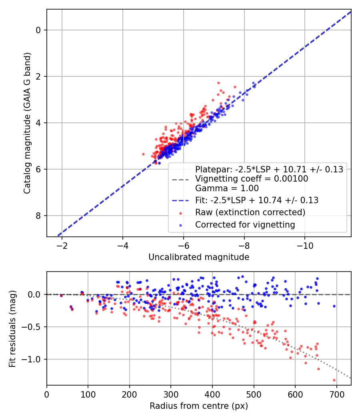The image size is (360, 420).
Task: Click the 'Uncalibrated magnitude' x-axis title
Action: pyautogui.click(x=199, y=257)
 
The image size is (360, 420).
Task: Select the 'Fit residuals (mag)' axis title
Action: pyautogui.click(x=12, y=328)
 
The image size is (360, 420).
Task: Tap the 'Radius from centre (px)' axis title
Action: pyautogui.click(x=199, y=406)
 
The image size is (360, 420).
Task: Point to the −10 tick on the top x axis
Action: pyautogui.click(x=305, y=245)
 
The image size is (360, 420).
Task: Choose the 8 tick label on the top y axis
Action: pyautogui.click(x=39, y=216)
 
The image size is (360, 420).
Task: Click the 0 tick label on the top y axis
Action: pyautogui.click(x=39, y=30)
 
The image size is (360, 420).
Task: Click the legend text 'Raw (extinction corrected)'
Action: pyautogui.click(x=250, y=212)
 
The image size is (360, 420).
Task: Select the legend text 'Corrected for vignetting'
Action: pyautogui.click(x=245, y=225)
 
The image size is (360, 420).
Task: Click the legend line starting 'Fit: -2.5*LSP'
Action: pyautogui.click(x=256, y=200)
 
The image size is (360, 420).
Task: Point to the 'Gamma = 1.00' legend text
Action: pyautogui.click(x=227, y=188)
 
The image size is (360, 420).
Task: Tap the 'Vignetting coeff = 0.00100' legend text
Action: pyautogui.click(x=252, y=179)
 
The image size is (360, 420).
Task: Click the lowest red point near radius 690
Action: pyautogui.click(x=334, y=380)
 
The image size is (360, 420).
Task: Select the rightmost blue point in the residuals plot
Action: pyautogui.click(x=334, y=306)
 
